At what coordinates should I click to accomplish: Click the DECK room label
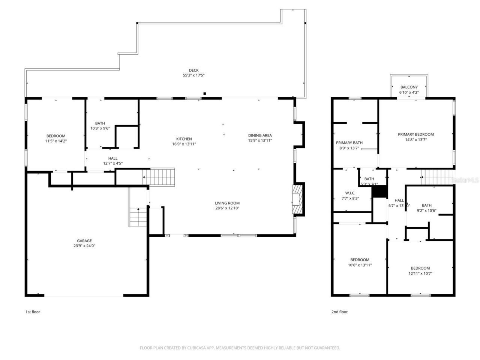click(x=193, y=70)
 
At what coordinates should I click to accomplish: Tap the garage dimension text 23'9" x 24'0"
click(x=84, y=246)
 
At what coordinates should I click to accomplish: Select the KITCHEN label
click(x=184, y=139)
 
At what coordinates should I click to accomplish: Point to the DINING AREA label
click(x=260, y=135)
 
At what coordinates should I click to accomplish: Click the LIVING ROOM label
click(x=228, y=203)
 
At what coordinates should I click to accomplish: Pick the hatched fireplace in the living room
click(x=297, y=199)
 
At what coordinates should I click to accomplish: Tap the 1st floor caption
click(x=33, y=312)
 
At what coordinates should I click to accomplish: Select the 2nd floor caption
click(x=339, y=312)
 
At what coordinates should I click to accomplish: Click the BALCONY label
click(x=409, y=87)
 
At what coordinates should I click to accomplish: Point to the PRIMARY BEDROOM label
click(x=416, y=134)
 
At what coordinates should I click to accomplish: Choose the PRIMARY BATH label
click(x=349, y=142)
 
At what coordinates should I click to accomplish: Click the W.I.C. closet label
click(x=350, y=193)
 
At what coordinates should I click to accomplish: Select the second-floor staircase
click(x=435, y=177)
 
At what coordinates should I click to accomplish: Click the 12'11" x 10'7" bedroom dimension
click(x=420, y=273)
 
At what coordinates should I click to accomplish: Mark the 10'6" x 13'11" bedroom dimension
click(x=360, y=265)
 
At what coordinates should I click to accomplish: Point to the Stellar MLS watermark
click(x=465, y=180)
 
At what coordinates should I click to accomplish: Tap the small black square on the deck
click(x=204, y=94)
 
